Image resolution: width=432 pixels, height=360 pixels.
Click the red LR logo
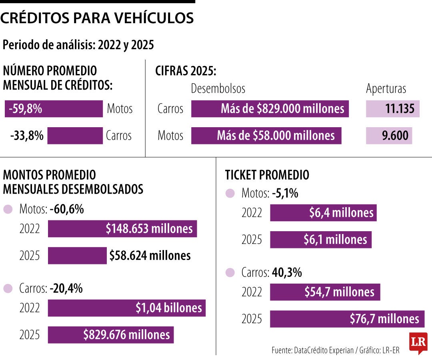click(x=418, y=343)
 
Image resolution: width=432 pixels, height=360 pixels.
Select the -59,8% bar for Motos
click(x=54, y=109)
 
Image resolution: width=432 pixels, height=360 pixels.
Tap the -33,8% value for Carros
click(x=27, y=136)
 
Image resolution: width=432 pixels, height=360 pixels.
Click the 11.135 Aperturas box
click(x=392, y=109)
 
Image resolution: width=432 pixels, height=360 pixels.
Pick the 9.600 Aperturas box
click(x=389, y=136)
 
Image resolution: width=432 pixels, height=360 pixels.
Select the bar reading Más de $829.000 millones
click(x=270, y=109)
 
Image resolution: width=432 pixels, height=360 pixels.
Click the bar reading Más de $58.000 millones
click(x=266, y=136)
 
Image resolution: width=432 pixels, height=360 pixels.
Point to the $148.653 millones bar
click(x=122, y=229)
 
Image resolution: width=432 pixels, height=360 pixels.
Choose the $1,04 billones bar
click(x=126, y=308)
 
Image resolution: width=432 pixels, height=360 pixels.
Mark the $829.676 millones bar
click(x=111, y=335)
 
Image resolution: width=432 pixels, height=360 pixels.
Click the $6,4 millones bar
click(x=323, y=213)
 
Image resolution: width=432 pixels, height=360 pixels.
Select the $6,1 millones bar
click(x=321, y=240)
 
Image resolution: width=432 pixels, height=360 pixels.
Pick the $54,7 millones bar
click(x=325, y=292)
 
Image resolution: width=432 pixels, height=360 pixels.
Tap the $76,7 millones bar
click(x=347, y=319)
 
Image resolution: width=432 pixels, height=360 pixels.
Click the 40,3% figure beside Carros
click(x=287, y=273)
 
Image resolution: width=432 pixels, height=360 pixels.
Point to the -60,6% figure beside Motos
click(x=67, y=209)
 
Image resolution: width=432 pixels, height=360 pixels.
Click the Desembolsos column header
click(x=218, y=88)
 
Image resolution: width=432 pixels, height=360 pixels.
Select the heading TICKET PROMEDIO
click(x=267, y=175)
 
